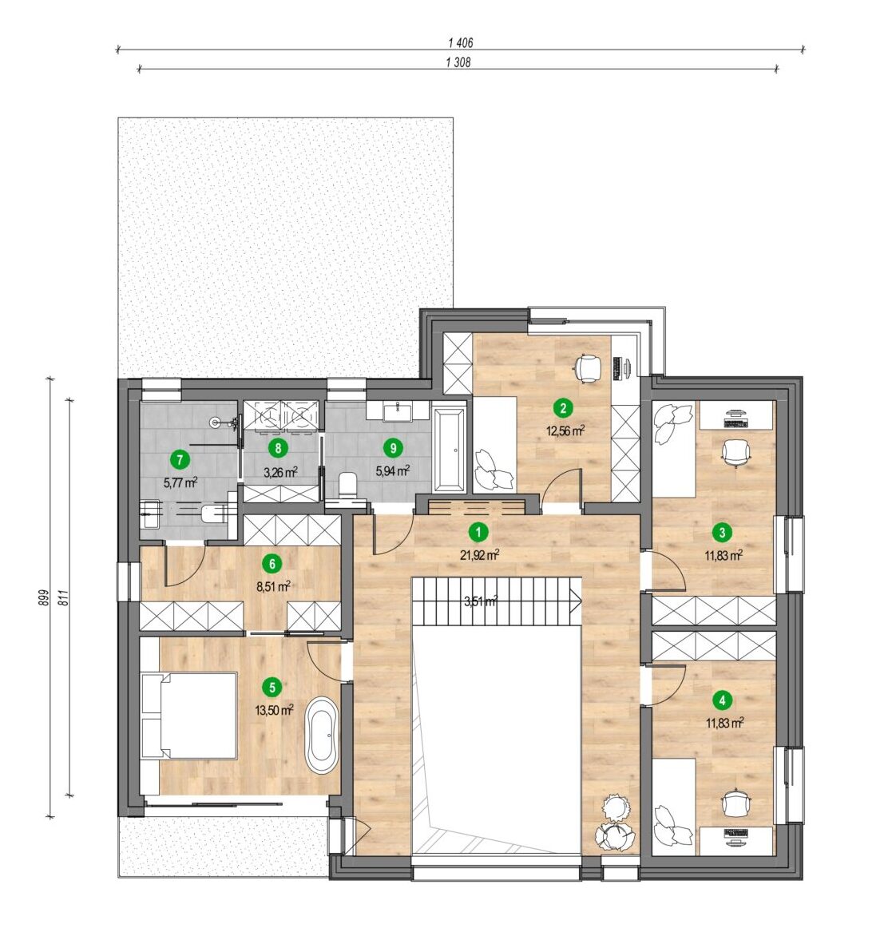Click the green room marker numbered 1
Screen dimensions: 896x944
tap(478, 532)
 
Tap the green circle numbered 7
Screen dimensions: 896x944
tap(180, 460)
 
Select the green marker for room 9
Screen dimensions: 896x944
tap(393, 448)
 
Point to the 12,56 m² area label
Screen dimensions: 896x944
tap(565, 431)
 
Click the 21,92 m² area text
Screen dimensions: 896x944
tap(479, 555)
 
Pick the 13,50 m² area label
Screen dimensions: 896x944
tap(274, 710)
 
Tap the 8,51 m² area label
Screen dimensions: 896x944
tap(274, 586)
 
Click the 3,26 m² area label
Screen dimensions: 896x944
tap(280, 472)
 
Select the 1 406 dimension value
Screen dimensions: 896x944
tap(461, 43)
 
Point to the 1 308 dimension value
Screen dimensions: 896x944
tap(458, 62)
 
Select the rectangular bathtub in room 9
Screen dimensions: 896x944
tap(450, 449)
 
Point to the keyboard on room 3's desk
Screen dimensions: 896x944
tap(734, 423)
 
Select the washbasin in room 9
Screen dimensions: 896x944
tap(398, 412)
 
